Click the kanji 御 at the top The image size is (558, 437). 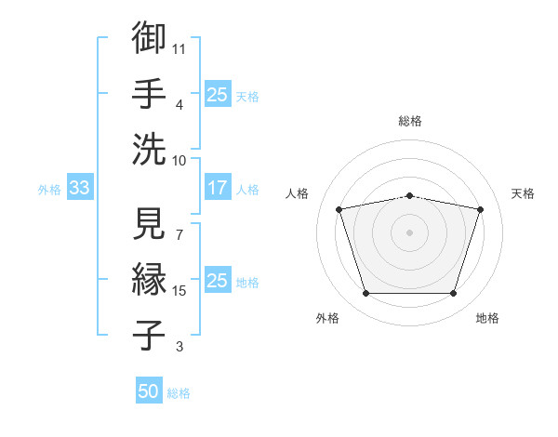(x=149, y=37)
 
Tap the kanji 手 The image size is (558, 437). (x=149, y=93)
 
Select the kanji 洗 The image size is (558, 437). (x=149, y=149)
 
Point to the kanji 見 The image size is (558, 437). (x=149, y=223)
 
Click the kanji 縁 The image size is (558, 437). (x=149, y=279)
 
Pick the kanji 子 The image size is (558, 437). (x=149, y=335)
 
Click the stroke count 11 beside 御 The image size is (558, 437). (x=179, y=49)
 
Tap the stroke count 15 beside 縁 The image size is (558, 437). (x=179, y=291)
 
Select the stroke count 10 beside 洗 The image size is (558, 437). (x=179, y=161)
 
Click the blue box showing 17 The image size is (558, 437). (x=218, y=187)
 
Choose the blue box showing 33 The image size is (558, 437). (x=80, y=187)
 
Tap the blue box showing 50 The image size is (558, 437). (x=149, y=390)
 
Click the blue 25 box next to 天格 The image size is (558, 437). (x=218, y=94)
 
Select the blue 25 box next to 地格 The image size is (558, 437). (x=218, y=279)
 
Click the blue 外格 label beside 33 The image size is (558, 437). (x=49, y=190)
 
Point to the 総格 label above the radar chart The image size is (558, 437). (x=410, y=121)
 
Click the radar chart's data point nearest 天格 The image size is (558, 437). (x=480, y=209)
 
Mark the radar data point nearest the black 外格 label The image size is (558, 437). (x=366, y=294)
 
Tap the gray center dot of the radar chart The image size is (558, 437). (x=409, y=232)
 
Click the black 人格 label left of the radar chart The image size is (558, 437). (x=297, y=193)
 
